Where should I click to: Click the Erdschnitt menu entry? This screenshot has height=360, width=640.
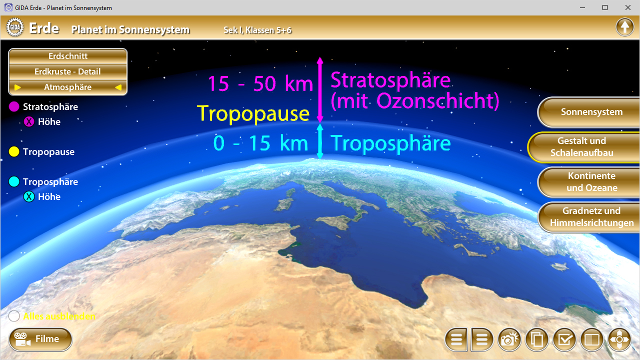68,56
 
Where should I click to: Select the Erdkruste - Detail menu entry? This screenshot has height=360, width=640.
68,71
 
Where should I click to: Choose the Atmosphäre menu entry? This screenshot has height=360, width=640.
68,87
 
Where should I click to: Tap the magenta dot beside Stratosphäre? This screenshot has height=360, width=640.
14,106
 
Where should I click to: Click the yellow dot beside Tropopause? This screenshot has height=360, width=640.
14,151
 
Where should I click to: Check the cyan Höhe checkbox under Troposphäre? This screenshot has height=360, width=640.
29,196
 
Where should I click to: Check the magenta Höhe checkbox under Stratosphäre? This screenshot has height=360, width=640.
29,121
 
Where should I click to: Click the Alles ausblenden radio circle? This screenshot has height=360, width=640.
14,316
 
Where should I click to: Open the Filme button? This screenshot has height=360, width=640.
40,339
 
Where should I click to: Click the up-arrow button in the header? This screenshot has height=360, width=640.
624,27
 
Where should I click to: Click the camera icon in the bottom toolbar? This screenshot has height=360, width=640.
508,340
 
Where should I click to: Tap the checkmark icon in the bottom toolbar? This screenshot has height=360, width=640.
564,340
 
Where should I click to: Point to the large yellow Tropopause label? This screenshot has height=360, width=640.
253,113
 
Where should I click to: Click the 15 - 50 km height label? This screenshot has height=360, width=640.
260,83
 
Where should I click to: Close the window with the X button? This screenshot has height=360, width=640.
628,7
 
